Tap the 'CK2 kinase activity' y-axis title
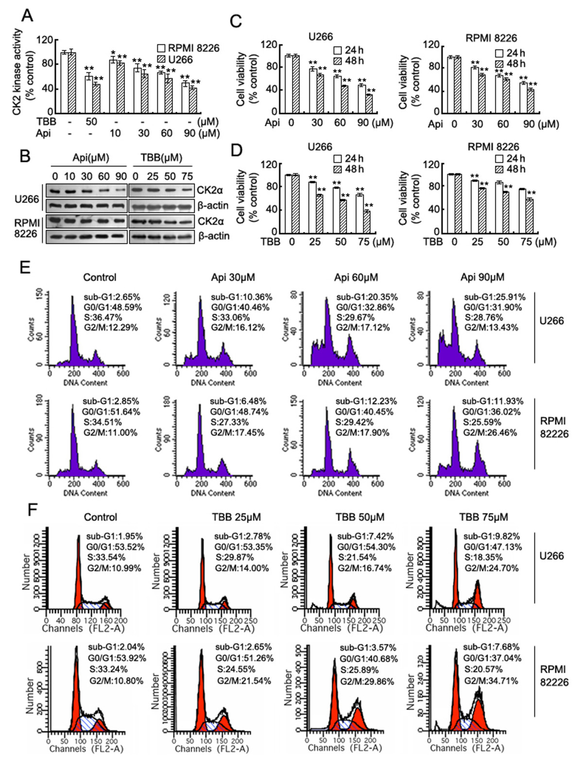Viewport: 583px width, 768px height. click(x=18, y=72)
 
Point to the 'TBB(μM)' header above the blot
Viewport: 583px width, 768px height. click(x=161, y=157)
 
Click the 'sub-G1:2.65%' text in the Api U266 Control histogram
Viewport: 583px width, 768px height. click(x=111, y=297)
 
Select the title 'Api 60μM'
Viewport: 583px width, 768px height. click(x=356, y=277)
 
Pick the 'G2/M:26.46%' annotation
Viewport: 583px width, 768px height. click(x=490, y=432)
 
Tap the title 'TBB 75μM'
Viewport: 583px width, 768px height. click(x=483, y=517)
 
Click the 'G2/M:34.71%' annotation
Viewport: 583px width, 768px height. click(x=491, y=681)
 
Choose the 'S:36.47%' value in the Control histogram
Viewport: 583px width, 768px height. click(x=103, y=317)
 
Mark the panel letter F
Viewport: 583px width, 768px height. click(x=32, y=510)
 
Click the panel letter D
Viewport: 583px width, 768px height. click(x=236, y=150)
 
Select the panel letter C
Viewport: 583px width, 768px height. click(x=235, y=22)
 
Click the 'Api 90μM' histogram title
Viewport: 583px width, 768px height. click(x=482, y=277)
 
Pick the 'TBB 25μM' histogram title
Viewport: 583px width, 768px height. click(x=236, y=517)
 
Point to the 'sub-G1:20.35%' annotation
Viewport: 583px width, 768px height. click(x=367, y=297)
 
